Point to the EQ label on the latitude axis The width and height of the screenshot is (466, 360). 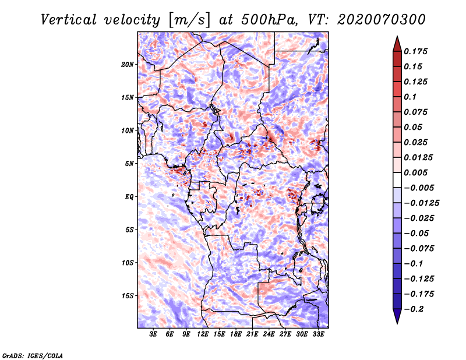129,197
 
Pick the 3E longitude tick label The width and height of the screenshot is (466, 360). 154,334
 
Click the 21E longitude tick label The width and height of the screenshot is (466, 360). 252,334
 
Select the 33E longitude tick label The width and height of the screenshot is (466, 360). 318,334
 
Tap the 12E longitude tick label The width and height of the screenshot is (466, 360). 203,334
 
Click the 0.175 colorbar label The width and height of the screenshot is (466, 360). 418,51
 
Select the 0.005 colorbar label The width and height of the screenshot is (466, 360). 418,172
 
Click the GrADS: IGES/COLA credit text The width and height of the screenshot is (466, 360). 32,355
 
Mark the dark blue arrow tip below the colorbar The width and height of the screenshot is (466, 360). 397,319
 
